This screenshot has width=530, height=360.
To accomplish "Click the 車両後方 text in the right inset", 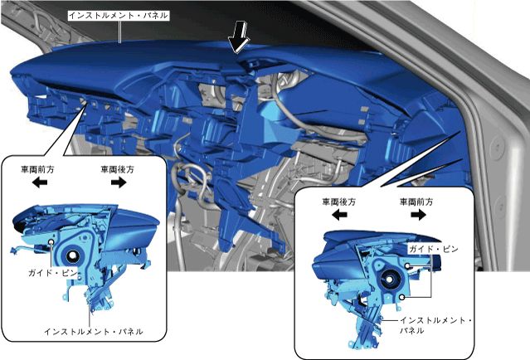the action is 339,201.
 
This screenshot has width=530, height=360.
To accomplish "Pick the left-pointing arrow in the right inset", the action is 339,215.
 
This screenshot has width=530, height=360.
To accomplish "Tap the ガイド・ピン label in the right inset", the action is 431,248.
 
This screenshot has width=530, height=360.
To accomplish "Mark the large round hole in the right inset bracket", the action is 387,280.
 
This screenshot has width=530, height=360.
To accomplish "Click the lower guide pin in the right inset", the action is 401,295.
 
